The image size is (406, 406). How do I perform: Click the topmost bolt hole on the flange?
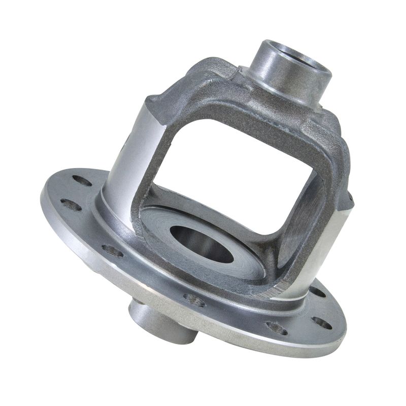point(82,180)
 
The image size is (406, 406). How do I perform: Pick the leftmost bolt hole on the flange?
point(71,205)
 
